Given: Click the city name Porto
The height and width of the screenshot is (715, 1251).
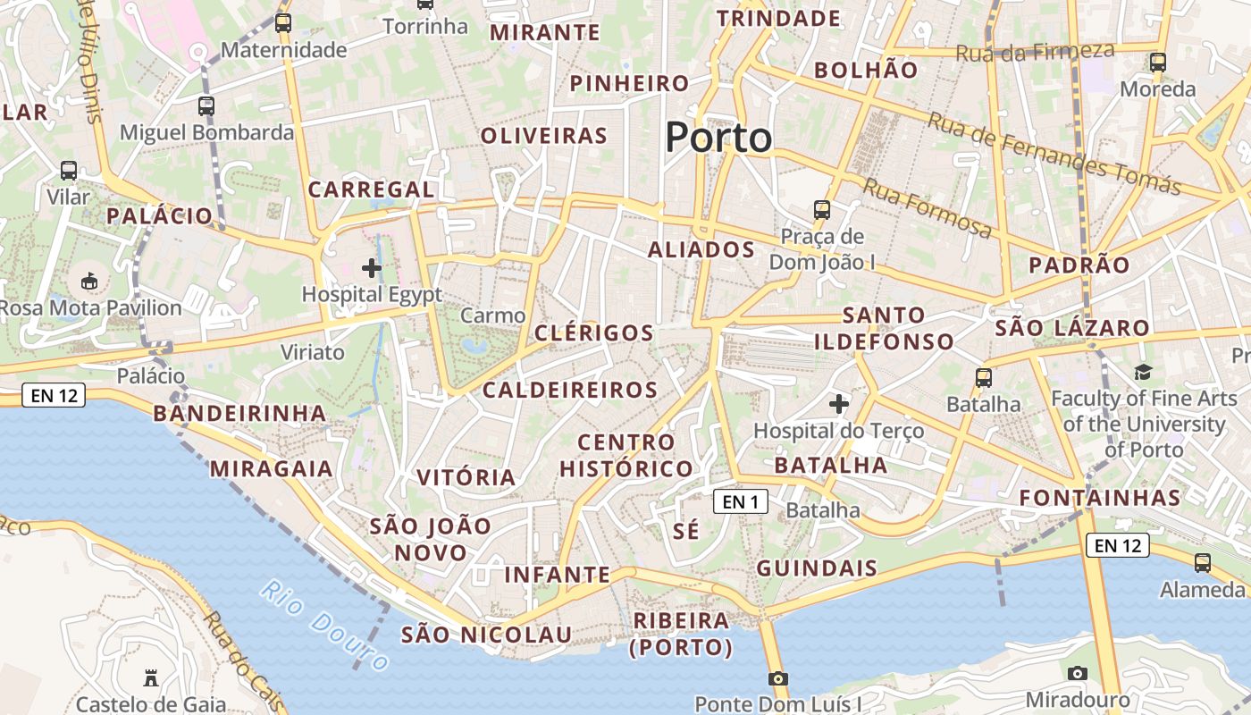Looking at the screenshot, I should tap(718, 138).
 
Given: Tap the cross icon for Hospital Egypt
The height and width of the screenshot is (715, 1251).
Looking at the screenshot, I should tap(372, 267).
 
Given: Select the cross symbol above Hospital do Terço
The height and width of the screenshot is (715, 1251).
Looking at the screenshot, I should tap(838, 404).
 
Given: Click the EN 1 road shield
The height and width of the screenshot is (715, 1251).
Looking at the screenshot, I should tap(741, 502).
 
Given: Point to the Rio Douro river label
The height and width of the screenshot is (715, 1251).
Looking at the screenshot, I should tap(325, 625).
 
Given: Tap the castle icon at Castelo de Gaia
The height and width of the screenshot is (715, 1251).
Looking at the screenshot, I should tap(151, 678).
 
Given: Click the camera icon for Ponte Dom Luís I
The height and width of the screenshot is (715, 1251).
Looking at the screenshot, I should tap(778, 678).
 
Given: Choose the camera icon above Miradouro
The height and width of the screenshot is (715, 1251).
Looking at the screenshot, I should tap(1078, 673).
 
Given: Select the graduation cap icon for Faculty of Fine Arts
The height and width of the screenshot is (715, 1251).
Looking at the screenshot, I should tap(1143, 372).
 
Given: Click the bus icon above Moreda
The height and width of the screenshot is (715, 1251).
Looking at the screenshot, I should tap(1158, 63).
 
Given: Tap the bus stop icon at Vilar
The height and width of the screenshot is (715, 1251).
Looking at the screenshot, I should tap(69, 171).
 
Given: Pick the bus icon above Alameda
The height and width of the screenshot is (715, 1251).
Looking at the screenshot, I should tap(1203, 563).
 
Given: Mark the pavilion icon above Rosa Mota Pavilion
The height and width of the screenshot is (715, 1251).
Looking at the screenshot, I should tap(89, 282).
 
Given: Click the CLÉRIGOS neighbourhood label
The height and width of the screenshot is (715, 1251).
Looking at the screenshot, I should tap(594, 333).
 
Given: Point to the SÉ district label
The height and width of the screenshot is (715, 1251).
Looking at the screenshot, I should tap(685, 530).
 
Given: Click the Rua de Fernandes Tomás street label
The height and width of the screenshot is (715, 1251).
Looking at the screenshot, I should tap(1054, 152).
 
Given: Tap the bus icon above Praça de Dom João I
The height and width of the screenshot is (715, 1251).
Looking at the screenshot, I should tap(822, 210).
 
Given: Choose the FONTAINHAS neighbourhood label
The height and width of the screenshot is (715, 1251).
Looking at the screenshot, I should tap(1100, 498).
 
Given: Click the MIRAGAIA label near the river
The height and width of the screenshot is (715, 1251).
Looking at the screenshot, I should tap(271, 469).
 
